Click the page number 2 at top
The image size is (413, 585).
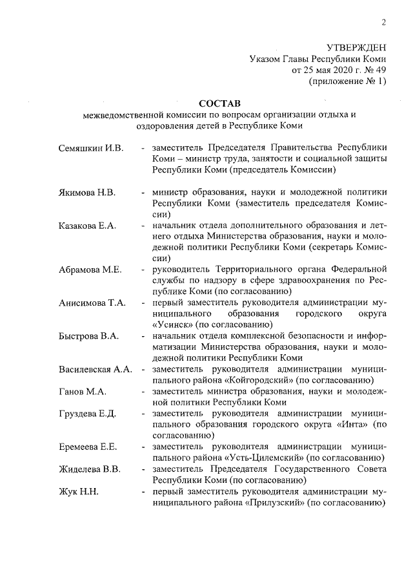[383, 24]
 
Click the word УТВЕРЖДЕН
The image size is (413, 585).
[356, 48]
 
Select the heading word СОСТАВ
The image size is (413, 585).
[218, 103]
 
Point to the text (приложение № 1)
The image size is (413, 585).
[348, 81]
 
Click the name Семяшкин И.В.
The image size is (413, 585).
[91, 149]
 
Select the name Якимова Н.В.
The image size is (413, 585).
[87, 193]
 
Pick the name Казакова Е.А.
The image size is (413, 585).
[87, 225]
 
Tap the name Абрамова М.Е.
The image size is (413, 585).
[90, 270]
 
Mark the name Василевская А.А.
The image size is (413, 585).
[96, 369]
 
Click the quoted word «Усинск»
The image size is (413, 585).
[174, 324]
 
